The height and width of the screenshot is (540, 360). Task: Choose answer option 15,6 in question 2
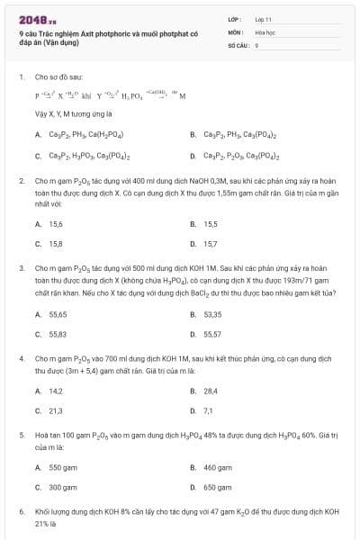[56, 224]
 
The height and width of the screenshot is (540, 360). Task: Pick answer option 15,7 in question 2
[211, 243]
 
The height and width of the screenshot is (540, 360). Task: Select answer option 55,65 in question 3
[58, 314]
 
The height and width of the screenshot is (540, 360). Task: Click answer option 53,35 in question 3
[212, 314]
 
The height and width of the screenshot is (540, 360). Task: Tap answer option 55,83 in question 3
[58, 334]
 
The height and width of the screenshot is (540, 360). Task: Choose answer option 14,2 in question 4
[56, 391]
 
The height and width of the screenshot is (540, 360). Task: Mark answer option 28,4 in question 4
[211, 391]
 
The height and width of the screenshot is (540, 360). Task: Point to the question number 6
[21, 511]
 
